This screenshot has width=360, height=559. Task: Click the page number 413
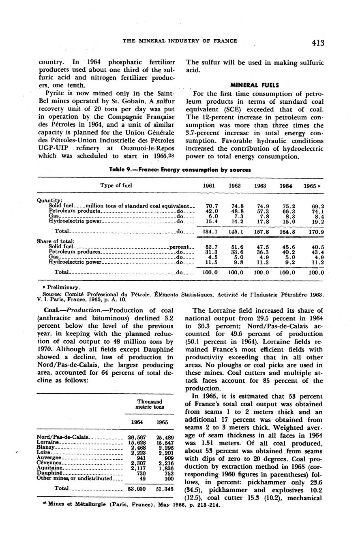[318, 43]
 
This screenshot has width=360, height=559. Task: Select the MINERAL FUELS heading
[255, 85]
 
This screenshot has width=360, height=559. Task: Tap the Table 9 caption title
[180, 170]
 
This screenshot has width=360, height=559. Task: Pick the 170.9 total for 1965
[316, 232]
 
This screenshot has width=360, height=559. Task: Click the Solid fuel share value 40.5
[318, 247]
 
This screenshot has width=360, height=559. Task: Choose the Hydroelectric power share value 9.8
[236, 262]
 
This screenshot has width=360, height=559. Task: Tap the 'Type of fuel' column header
[116, 186]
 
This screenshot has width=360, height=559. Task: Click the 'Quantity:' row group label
[49, 201]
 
